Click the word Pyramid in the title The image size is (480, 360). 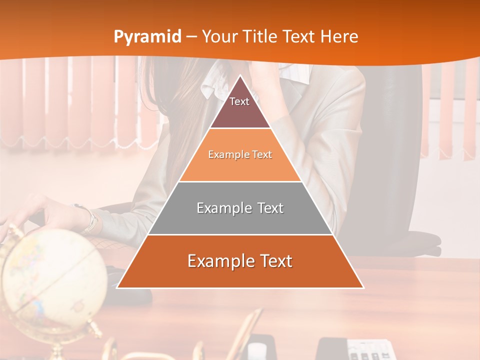[147, 37]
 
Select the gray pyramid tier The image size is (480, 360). [240, 208]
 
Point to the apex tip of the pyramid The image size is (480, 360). [240, 76]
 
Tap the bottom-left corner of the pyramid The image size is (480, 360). [117, 287]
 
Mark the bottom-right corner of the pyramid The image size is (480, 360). [363, 287]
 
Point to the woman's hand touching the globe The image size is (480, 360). [25, 215]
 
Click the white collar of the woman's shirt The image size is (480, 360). [212, 82]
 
